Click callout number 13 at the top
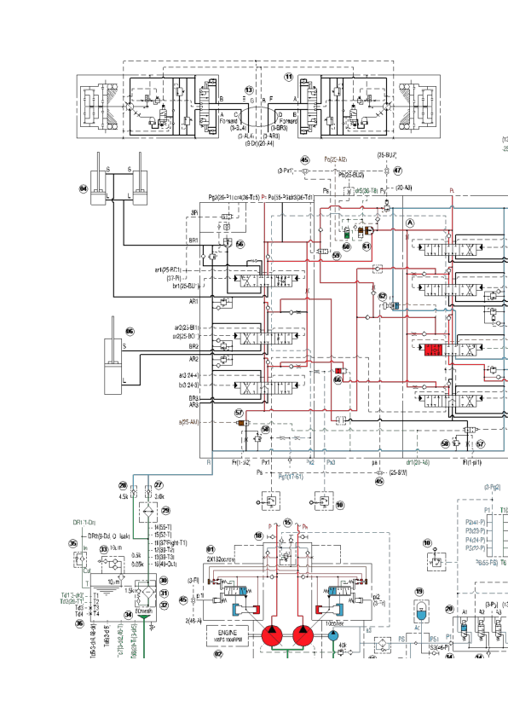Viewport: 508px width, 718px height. (249, 89)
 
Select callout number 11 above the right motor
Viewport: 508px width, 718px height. (288, 77)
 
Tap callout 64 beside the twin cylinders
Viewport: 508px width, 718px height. (84, 188)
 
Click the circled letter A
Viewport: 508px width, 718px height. (411, 222)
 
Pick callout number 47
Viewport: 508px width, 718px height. (397, 171)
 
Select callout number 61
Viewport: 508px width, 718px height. (367, 246)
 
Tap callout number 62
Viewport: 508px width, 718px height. (383, 295)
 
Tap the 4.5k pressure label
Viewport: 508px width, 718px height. (124, 495)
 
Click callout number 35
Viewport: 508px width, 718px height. (72, 543)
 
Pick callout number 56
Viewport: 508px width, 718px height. (240, 244)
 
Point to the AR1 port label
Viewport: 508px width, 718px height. (193, 301)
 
